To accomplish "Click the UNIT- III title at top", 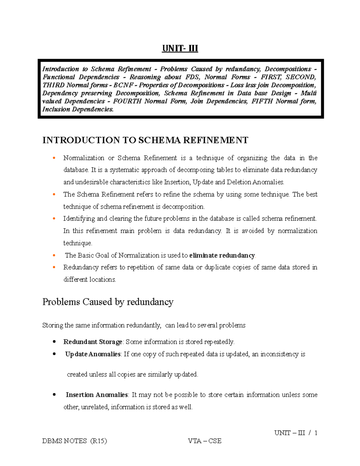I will pyautogui.click(x=180, y=48).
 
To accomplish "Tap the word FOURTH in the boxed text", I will pyautogui.click(x=127, y=101).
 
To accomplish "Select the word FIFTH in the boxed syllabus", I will pyautogui.click(x=262, y=101).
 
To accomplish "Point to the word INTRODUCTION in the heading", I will pyautogui.click(x=81, y=140).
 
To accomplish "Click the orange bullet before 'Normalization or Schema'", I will pyautogui.click(x=54, y=158).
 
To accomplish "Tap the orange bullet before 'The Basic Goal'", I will pyautogui.click(x=54, y=255).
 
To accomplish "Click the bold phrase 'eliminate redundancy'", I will pyautogui.click(x=222, y=255).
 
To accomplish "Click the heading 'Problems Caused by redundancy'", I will pyautogui.click(x=108, y=302).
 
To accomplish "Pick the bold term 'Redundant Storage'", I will pyautogui.click(x=93, y=342).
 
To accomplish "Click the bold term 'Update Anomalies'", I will pyautogui.click(x=93, y=354).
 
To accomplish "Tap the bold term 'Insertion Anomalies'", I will pyautogui.click(x=97, y=395).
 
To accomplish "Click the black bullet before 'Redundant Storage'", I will pyautogui.click(x=54, y=342).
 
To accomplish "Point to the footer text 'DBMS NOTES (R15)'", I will pyautogui.click(x=75, y=441).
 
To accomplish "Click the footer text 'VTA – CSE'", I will pyautogui.click(x=205, y=441).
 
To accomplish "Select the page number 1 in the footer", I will pyautogui.click(x=316, y=433).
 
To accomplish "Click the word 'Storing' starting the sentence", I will pyautogui.click(x=53, y=326).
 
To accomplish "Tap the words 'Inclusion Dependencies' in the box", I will pyautogui.click(x=78, y=110).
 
